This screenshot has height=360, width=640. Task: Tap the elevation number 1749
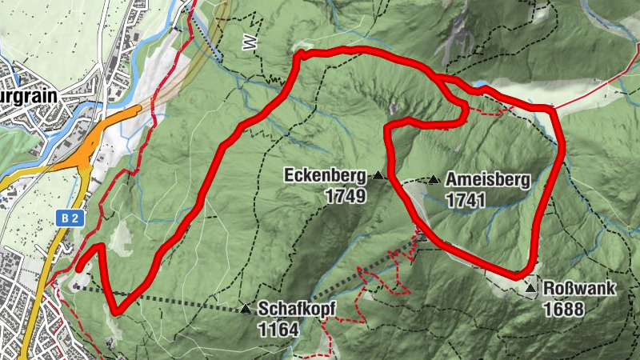[346, 195]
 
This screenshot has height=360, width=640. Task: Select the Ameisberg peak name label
[488, 180]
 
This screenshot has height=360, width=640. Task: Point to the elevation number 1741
[466, 200]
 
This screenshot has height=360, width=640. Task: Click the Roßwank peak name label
[580, 289]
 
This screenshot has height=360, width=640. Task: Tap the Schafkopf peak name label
[295, 309]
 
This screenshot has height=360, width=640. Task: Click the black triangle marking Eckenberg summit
[378, 174]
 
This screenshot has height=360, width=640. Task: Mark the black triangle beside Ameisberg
[434, 179]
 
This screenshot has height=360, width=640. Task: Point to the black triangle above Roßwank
[530, 286]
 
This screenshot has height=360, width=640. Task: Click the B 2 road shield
[70, 218]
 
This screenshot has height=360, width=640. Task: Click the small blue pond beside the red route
[481, 84]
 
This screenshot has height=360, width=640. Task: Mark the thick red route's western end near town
[79, 268]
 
